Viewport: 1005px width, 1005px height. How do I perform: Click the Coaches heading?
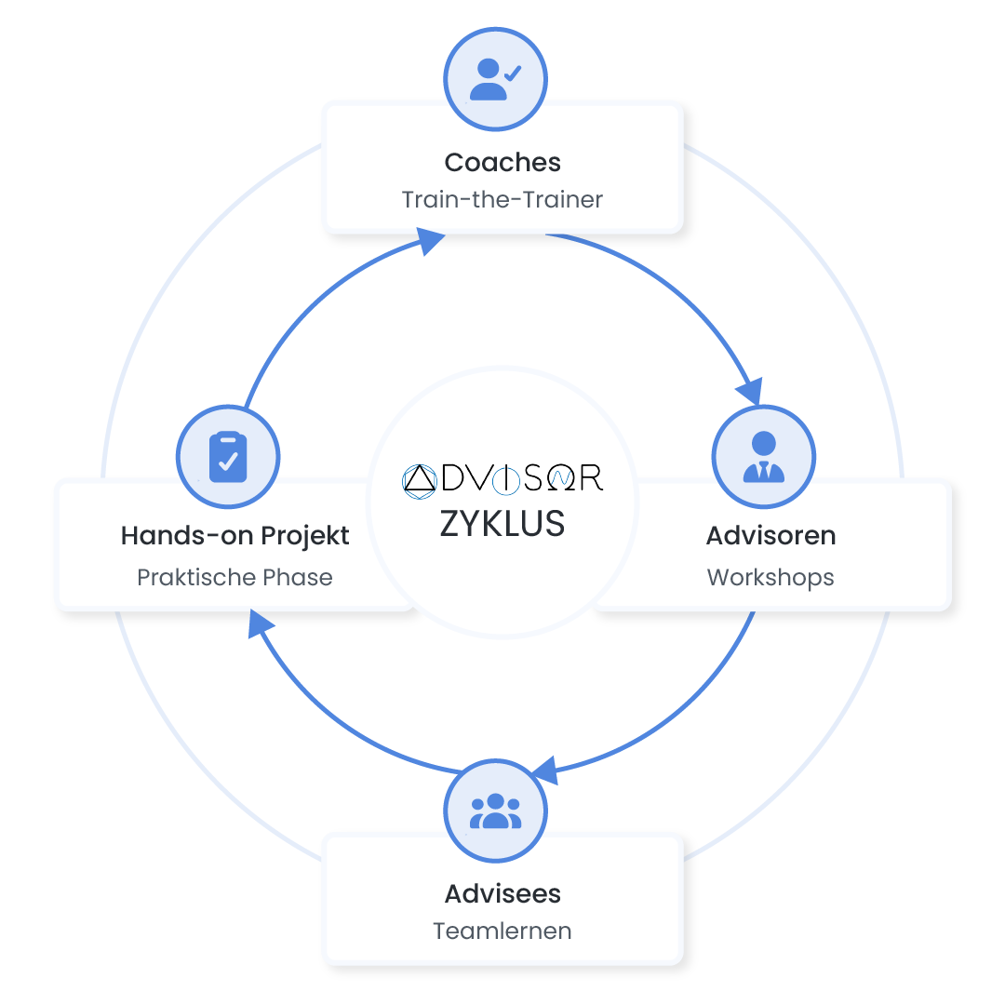[502, 162]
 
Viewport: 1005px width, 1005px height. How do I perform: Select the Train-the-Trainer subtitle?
[502, 199]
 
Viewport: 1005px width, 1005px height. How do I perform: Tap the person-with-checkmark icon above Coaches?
[494, 79]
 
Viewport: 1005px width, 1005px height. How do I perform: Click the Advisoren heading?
[770, 536]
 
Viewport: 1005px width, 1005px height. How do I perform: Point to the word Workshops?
[770, 577]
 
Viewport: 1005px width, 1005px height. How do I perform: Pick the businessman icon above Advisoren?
[763, 457]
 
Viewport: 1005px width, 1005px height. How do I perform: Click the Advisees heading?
[502, 893]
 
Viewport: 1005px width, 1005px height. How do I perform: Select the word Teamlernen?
[502, 931]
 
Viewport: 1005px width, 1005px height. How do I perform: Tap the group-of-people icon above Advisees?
[495, 811]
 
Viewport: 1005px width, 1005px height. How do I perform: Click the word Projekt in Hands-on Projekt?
[306, 536]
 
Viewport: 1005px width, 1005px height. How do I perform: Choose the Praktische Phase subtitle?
[234, 577]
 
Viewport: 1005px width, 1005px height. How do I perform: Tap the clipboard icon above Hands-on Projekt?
[228, 457]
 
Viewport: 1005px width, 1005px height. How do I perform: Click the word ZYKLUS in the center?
[502, 524]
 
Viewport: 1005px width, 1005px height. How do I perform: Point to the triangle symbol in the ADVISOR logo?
[420, 478]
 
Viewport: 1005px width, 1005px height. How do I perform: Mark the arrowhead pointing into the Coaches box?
[429, 243]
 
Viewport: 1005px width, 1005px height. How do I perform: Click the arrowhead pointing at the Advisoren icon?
[750, 390]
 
